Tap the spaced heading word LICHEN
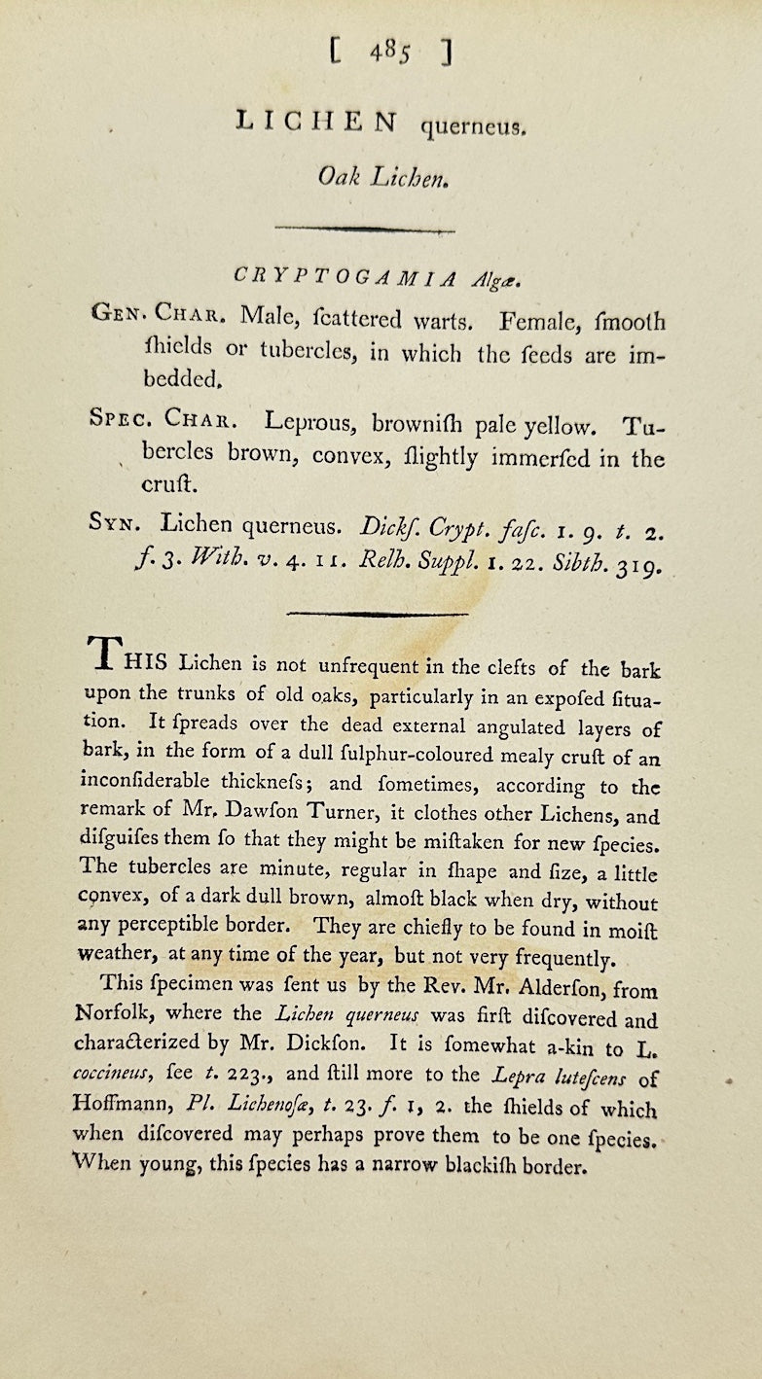tap(317, 122)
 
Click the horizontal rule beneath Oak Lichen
tap(365, 229)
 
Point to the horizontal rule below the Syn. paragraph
tap(379, 614)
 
